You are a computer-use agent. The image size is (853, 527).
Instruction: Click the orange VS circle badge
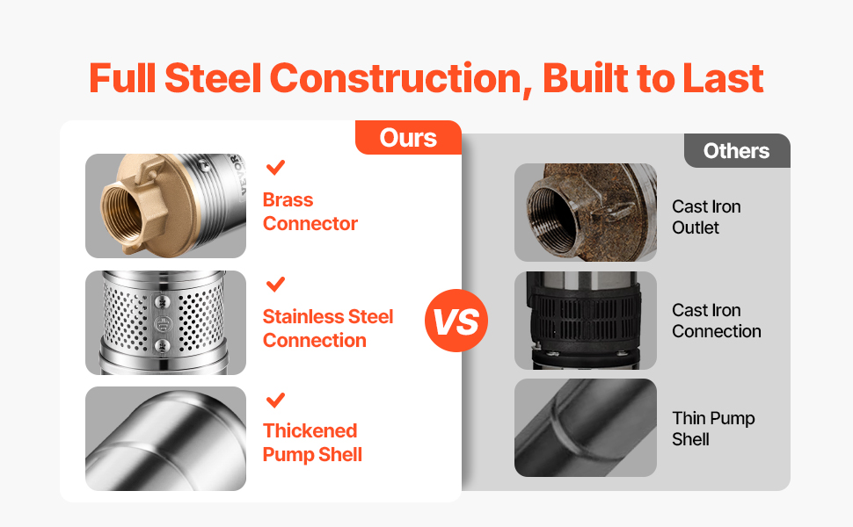pyautogui.click(x=456, y=321)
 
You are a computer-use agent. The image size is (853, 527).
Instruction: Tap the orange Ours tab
pyautogui.click(x=408, y=137)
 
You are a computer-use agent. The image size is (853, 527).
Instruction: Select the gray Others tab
pyautogui.click(x=737, y=150)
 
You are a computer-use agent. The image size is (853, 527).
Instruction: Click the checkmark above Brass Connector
pyautogui.click(x=276, y=167)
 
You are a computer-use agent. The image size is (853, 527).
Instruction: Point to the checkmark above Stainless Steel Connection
pyautogui.click(x=276, y=285)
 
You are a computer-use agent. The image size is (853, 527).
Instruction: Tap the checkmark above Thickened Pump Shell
pyautogui.click(x=276, y=401)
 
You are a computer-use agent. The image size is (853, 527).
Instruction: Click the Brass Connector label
pyautogui.click(x=310, y=212)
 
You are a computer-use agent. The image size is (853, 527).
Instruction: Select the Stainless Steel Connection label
pyautogui.click(x=327, y=328)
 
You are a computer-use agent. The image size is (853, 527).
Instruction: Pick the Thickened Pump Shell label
pyautogui.click(x=312, y=443)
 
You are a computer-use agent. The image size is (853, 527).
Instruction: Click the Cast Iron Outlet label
pyautogui.click(x=706, y=217)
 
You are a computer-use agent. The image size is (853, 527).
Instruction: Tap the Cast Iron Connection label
pyautogui.click(x=717, y=321)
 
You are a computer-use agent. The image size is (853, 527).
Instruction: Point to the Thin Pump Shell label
pyautogui.click(x=713, y=428)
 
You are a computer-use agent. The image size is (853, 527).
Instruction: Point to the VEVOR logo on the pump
pyautogui.click(x=238, y=174)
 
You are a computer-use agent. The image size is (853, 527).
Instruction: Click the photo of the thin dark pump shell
pyautogui.click(x=586, y=428)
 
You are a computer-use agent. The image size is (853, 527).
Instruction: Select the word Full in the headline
pyautogui.click(x=123, y=78)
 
